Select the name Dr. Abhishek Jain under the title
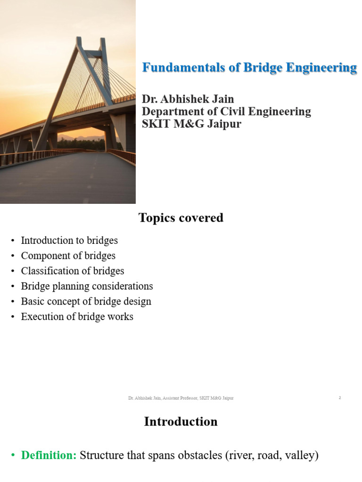pos(188,99)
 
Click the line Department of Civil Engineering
pos(226,112)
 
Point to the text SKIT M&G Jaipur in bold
pos(191,125)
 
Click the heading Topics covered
pos(181,218)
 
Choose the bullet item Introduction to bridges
pos(69,241)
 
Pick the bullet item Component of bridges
pos(68,256)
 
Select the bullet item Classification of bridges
pos(73,271)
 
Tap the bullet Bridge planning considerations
pos(87,286)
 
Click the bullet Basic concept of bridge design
pos(86,301)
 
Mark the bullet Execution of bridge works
pos(77,317)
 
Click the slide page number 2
pos(340,398)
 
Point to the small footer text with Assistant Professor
pos(181,398)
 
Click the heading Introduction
pos(181,422)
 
